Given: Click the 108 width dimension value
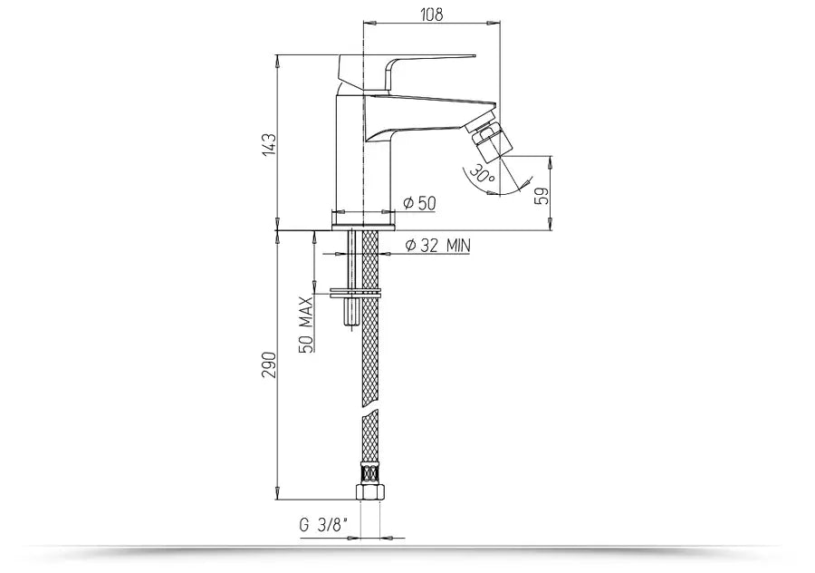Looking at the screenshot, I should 432,14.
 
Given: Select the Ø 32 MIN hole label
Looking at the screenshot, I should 436,245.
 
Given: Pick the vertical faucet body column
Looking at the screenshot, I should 349,154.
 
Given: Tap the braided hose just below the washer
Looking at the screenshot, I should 371,345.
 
